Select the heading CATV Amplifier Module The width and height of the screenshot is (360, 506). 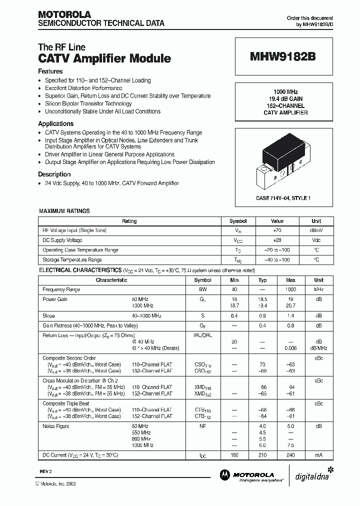(x=104, y=58)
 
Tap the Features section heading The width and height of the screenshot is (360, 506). (x=50, y=71)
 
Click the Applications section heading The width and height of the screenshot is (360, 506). (x=56, y=123)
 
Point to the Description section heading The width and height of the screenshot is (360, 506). (x=54, y=174)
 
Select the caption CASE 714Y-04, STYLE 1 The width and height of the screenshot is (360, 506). (x=283, y=198)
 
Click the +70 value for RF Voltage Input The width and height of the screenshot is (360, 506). (x=277, y=230)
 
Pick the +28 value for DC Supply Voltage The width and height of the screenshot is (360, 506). (x=277, y=240)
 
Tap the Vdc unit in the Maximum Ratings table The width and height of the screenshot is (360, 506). (x=316, y=240)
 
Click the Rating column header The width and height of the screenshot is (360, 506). (x=129, y=221)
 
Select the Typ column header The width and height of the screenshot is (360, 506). (x=263, y=280)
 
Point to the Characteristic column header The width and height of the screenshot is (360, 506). (x=111, y=280)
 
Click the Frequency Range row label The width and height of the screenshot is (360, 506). (x=61, y=289)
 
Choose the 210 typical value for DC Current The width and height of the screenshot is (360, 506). (x=263, y=455)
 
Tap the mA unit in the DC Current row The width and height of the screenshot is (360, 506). (x=318, y=455)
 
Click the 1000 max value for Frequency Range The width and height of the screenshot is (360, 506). (x=291, y=289)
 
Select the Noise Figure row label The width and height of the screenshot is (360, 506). (x=56, y=426)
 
